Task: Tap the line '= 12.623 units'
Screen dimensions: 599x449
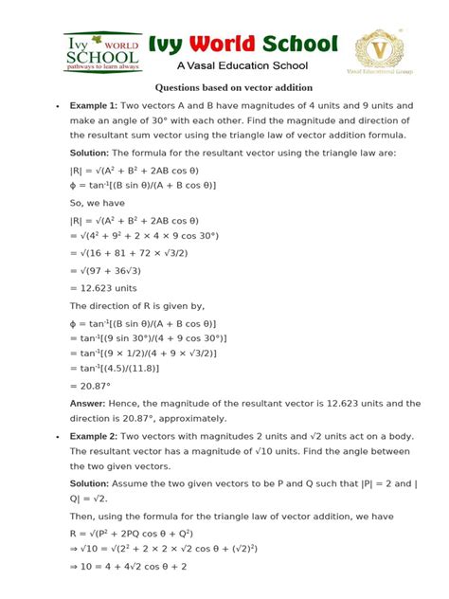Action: coord(112,287)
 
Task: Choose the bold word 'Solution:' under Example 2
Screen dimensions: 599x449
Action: coord(96,482)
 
